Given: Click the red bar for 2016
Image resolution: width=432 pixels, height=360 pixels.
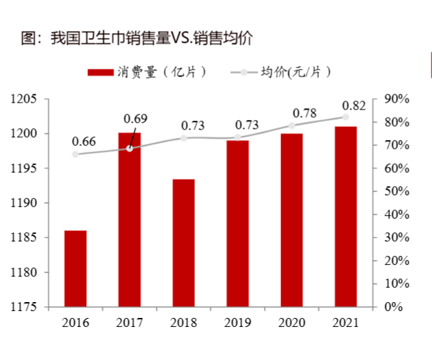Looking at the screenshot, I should coord(76,268).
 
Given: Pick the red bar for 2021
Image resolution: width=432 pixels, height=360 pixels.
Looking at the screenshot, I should coord(346,217).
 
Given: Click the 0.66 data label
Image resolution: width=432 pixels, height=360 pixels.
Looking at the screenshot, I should coord(83,141).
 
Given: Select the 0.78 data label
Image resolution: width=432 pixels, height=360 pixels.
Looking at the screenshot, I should coord(305,112).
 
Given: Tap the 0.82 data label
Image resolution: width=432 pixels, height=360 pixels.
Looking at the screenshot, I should coord(353,105).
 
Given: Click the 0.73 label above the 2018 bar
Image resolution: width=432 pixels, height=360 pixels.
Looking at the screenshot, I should coord(193,126).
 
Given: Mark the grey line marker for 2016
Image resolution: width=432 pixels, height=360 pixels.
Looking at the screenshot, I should coord(76,154).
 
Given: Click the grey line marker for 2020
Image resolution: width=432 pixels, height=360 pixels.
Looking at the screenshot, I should coord(291,126).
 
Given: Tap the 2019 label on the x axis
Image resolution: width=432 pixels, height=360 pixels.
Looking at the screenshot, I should coord(238,322).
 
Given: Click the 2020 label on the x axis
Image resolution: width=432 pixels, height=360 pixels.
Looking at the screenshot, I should coord(291,322).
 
